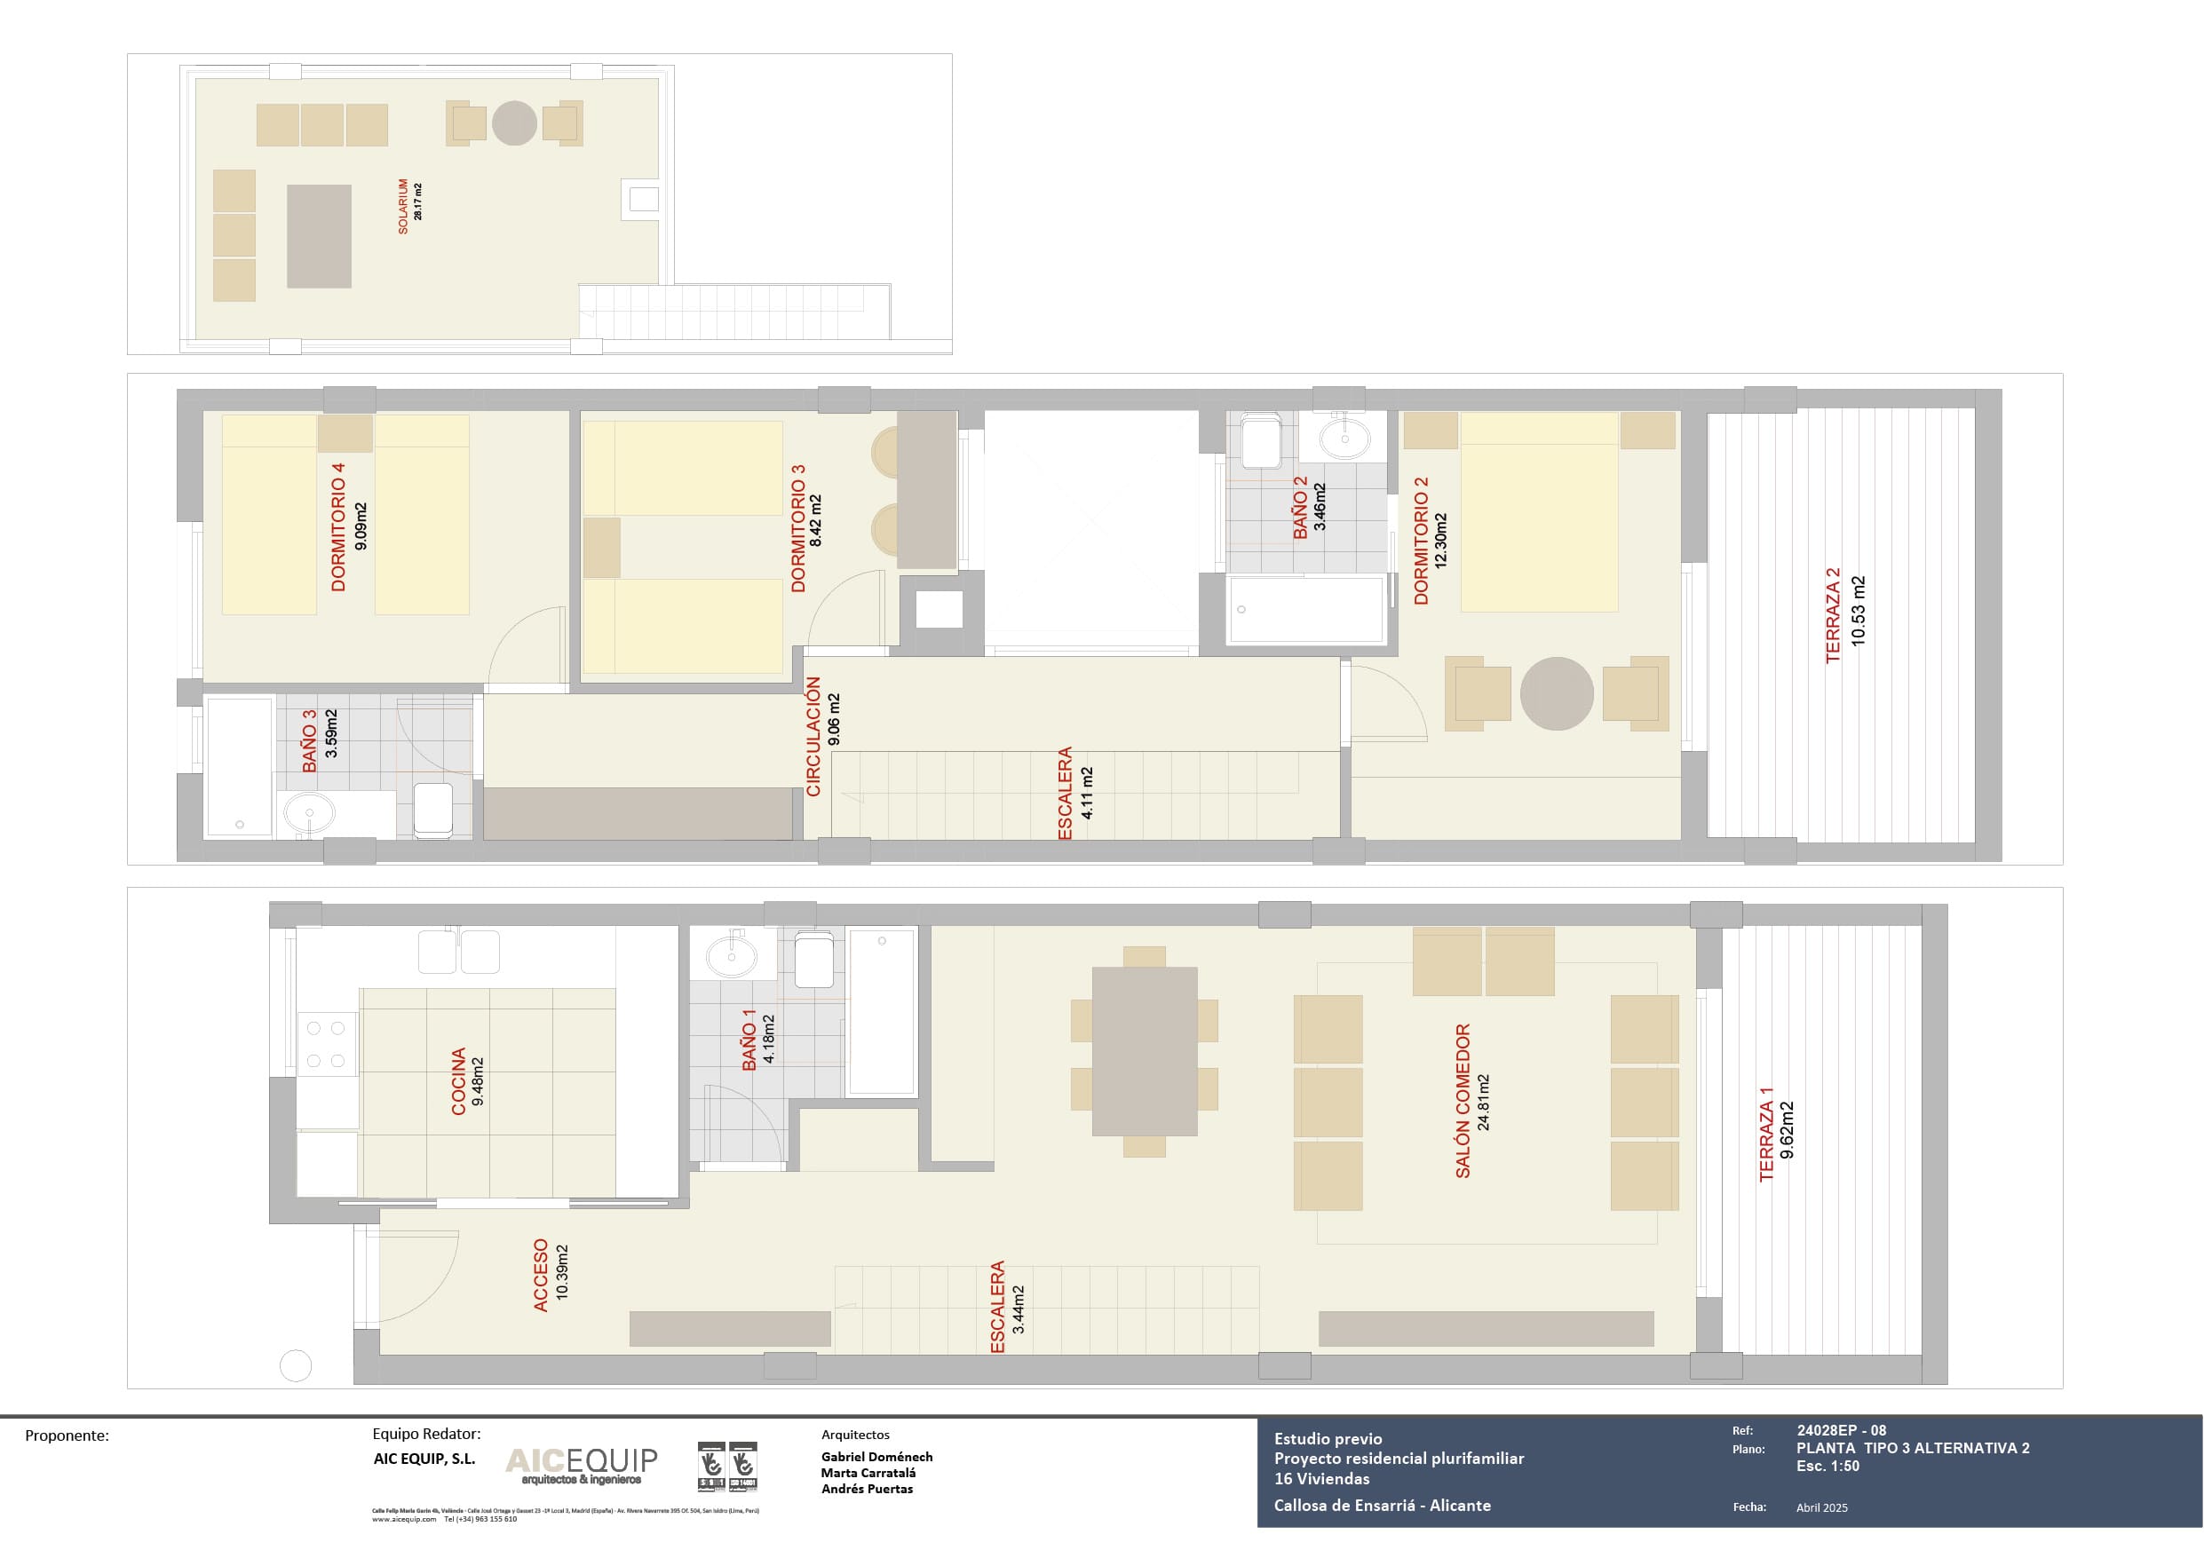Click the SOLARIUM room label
pos(403,205)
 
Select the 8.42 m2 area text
pos(816,521)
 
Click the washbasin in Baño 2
pos(1344,439)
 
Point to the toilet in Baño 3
pos(434,808)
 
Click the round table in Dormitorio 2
pos(1556,693)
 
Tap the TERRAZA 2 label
pos(1834,614)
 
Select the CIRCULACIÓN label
pos(814,736)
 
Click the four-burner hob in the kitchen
pos(325,1044)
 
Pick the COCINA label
pos(459,1081)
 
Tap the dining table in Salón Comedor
pos(1145,1051)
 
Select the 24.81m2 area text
pos(1484,1102)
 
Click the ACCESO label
pos(541,1275)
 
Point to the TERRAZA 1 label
pos(1766,1134)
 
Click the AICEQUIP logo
pos(581,1464)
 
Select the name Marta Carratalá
pos(868,1473)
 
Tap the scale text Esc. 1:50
pos(1827,1466)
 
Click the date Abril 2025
pos(1821,1507)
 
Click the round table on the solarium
pos(514,123)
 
